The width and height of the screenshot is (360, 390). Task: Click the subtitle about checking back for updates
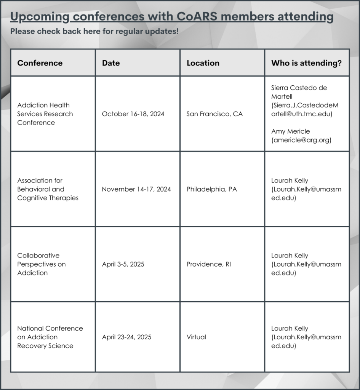[x=94, y=31]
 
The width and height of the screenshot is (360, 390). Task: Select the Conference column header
[x=40, y=63]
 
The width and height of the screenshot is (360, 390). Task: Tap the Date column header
[x=111, y=63]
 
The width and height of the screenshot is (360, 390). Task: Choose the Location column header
[x=203, y=63]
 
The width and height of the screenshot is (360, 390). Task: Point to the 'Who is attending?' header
[x=306, y=63]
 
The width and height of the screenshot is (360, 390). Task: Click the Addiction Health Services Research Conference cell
[x=45, y=114]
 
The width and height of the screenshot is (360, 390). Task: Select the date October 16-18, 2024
[x=133, y=114]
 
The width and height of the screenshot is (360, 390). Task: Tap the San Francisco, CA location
[x=214, y=114]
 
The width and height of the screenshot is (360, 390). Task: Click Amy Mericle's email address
[x=301, y=140]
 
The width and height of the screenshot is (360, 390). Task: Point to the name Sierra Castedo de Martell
[x=299, y=92]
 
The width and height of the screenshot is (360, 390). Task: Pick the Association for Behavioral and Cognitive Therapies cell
[x=48, y=189]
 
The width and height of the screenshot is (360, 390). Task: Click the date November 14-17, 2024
[x=136, y=189]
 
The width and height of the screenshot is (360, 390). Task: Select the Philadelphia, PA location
[x=211, y=189]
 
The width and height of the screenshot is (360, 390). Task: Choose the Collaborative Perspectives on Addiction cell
[x=41, y=264]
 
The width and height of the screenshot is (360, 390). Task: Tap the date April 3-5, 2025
[x=123, y=264]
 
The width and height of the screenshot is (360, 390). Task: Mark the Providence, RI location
[x=209, y=264]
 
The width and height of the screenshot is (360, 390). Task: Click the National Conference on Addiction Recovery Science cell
[x=50, y=337]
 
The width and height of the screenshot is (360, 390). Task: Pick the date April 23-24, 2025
[x=126, y=337]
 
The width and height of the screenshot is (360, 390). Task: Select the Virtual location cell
[x=196, y=337]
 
